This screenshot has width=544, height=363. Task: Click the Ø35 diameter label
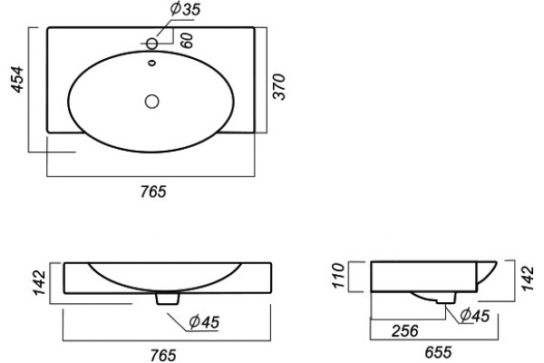185,9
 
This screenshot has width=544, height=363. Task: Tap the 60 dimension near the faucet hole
187,40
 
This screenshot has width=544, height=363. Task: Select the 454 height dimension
18,79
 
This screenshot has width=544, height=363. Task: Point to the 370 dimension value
278,86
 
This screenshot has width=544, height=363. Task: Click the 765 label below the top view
153,191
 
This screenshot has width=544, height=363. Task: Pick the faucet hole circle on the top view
151,44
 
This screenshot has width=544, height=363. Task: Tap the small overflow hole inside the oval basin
152,63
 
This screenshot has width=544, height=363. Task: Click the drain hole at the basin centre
151,102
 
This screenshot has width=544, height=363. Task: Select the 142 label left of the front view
39,283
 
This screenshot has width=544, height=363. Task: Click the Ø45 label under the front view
204,322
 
